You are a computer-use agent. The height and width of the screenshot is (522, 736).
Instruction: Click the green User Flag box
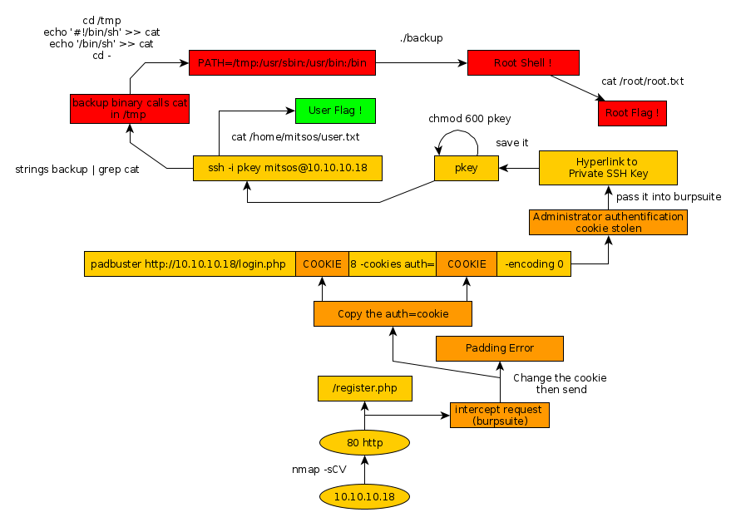tap(334, 111)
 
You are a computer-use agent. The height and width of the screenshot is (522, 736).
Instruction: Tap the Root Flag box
tap(632, 113)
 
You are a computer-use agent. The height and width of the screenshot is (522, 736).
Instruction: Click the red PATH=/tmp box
tap(282, 62)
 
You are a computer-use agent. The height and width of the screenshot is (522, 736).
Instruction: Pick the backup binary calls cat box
tap(130, 108)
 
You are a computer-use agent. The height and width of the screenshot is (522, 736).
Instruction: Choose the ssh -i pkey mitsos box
tap(287, 169)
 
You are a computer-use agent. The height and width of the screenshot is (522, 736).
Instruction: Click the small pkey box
tap(466, 169)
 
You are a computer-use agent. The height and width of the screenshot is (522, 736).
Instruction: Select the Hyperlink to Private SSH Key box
tap(608, 167)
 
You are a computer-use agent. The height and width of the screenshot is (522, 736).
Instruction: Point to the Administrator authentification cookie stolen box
tap(608, 222)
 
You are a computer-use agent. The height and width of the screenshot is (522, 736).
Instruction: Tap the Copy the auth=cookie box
tap(393, 314)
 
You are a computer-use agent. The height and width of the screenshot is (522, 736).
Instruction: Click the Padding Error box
tap(500, 348)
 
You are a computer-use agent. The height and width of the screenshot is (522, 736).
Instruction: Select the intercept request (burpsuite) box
tap(500, 415)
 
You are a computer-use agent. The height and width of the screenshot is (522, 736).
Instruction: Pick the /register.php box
tap(365, 388)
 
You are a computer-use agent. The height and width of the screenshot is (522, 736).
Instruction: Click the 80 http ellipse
tap(364, 443)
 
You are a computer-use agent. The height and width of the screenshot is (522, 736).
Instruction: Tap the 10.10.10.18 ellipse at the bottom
tap(364, 496)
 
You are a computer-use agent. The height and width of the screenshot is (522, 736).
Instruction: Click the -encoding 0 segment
tap(534, 263)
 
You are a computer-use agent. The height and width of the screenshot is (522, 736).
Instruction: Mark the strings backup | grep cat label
tap(77, 170)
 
